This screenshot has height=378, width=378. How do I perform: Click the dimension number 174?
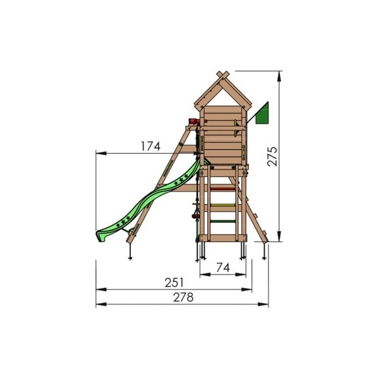pos(151,146)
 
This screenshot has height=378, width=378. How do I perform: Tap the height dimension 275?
pos(272,156)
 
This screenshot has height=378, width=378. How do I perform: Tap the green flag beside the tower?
pos(263,113)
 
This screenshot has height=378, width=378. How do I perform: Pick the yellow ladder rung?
pos(220,204)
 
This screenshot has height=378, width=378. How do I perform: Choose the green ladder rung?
pos(220,220)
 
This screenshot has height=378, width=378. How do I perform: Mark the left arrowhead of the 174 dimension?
pos(98,152)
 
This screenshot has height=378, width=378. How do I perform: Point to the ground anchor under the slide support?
pos(130,253)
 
